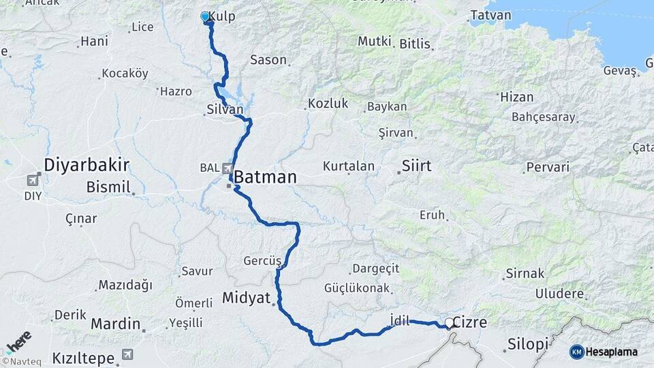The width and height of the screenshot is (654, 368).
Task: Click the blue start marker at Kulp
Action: (x=205, y=16)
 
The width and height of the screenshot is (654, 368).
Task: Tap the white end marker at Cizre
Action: (x=449, y=323)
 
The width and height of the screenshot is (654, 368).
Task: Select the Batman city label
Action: (x=266, y=177)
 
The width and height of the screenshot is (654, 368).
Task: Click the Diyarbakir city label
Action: (x=87, y=164)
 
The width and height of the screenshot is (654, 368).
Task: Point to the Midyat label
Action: (x=246, y=297)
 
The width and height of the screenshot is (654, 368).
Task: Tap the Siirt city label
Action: (x=416, y=166)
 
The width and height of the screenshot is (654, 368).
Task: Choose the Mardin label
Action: (x=115, y=323)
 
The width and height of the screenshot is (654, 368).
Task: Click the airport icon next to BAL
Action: (x=227, y=168)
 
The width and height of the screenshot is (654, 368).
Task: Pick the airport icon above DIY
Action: (x=33, y=181)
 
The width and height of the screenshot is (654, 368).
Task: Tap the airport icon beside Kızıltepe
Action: (x=127, y=354)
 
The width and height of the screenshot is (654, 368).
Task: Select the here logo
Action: (x=18, y=341)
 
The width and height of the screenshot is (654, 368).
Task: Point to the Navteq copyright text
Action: (x=21, y=362)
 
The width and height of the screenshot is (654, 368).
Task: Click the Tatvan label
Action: (x=486, y=15)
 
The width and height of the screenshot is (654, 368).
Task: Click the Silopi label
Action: (x=528, y=344)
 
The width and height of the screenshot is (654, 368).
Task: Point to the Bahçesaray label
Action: (x=544, y=117)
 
